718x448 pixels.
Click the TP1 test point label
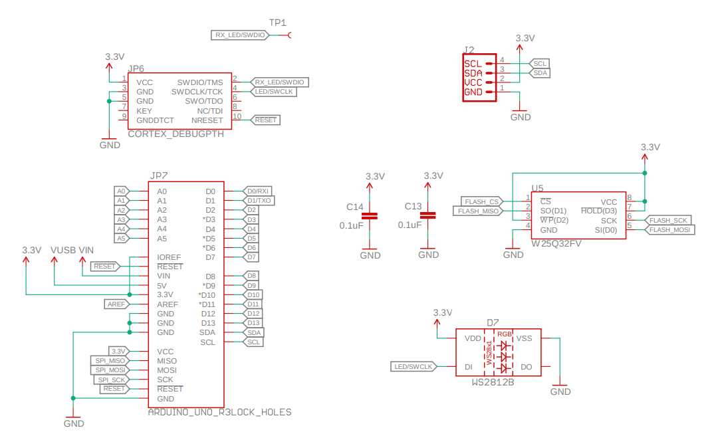[x=278, y=23]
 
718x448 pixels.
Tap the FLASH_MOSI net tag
[x=669, y=229]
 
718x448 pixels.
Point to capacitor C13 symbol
[x=428, y=216]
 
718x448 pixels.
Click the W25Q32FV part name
[x=556, y=244]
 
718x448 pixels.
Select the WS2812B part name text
[x=493, y=383]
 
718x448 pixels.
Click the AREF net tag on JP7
[x=116, y=304]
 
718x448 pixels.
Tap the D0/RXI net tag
[x=257, y=191]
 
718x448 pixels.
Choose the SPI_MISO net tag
[x=110, y=361]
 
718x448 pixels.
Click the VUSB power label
[x=62, y=250]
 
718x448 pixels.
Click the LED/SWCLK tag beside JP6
[x=273, y=92]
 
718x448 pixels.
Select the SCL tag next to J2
[x=540, y=63]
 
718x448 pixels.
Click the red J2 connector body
[x=479, y=77]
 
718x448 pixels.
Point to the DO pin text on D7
[x=526, y=366]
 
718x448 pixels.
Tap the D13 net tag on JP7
[x=253, y=323]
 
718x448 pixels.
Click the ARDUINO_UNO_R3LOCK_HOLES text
[x=219, y=412]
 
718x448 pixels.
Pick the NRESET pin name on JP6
[x=207, y=120]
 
